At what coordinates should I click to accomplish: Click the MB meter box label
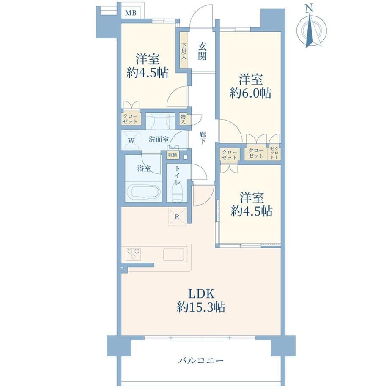point(131,13)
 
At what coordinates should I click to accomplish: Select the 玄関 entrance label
point(202,51)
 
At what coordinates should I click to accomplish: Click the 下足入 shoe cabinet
point(184,51)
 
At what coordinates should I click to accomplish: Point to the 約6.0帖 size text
point(250,93)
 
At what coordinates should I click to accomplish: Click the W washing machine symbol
point(131,140)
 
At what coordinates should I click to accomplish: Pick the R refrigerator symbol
point(177,216)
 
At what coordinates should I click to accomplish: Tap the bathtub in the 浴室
point(144,191)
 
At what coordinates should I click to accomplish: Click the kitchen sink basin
point(173,254)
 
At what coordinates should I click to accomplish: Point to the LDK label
point(201,294)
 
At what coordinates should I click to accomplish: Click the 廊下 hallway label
point(203,138)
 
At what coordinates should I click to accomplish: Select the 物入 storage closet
point(184,119)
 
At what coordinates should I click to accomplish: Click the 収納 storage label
point(173,155)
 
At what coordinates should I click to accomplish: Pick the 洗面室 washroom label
point(159,140)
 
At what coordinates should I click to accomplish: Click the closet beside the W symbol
point(131,119)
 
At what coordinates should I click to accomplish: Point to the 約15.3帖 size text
point(201,308)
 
